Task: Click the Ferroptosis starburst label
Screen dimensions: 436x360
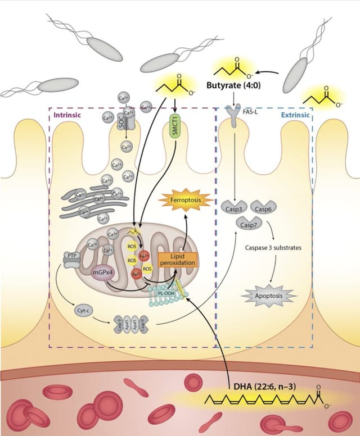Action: click(185, 200)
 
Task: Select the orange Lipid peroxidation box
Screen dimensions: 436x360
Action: click(178, 259)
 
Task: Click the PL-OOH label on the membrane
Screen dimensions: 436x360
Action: click(166, 292)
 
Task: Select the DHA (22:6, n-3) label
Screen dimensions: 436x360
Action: click(265, 387)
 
